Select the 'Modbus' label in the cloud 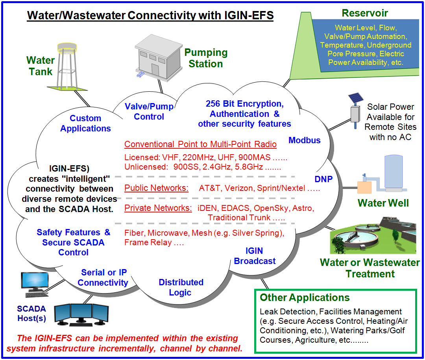coord(305,140)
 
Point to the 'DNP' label coord(323,179)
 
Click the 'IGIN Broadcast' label coord(255,256)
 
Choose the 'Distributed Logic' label coord(181,287)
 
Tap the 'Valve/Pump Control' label coord(149,111)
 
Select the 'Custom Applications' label coord(85,123)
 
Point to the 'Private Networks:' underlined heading coord(158,208)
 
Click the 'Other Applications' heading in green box coord(305,297)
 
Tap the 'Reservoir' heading coord(365,13)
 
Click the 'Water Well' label coord(383,203)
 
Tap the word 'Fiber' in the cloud coord(134,233)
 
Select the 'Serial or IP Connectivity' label coord(103,277)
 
